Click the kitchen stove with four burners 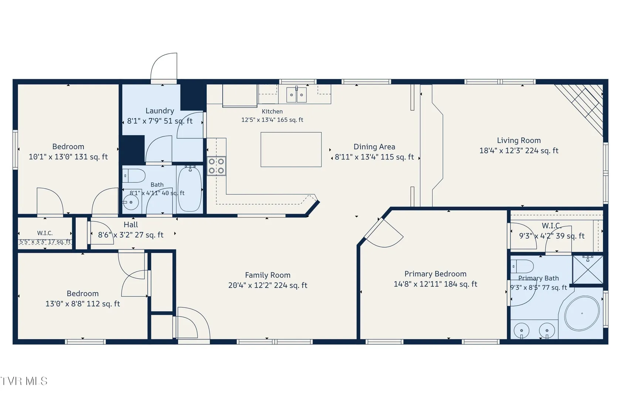coord(216,166)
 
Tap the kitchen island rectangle coord(291,150)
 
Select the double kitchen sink coord(296,95)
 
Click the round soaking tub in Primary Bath coord(582,313)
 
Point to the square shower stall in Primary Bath coord(588,270)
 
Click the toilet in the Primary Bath coord(522,266)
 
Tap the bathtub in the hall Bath coord(190,189)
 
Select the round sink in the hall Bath coord(131,202)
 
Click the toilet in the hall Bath coord(134,176)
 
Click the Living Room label coord(519,140)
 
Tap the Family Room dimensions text coord(268,285)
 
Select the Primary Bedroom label coord(435,274)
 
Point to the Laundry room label coord(160,111)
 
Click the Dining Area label coord(374,147)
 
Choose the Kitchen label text coord(272,112)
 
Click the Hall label coord(131,225)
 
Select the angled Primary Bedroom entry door coord(384,233)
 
